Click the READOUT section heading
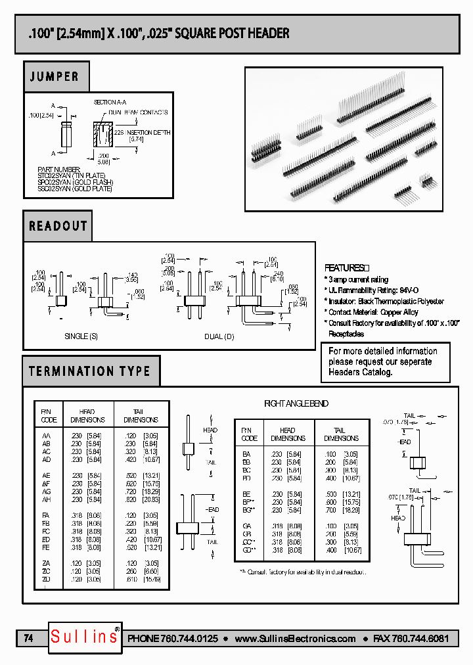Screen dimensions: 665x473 (58, 226)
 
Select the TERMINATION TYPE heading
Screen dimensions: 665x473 (90, 371)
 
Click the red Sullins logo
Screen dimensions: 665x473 (85, 637)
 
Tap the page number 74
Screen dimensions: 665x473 (28, 638)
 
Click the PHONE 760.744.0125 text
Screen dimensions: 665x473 (173, 639)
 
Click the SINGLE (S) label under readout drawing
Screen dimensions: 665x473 (81, 336)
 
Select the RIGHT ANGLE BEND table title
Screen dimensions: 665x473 (296, 403)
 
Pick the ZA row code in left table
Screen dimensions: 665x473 (46, 564)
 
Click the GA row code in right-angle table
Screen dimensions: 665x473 (246, 526)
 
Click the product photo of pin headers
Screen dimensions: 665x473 (346, 139)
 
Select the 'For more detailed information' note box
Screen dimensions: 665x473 (385, 361)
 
